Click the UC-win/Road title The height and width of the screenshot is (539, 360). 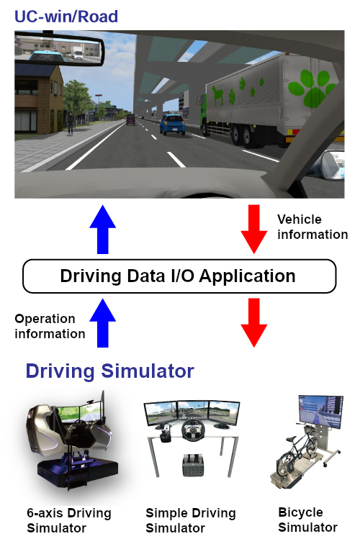(x=66, y=17)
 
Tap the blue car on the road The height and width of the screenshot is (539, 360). (x=173, y=124)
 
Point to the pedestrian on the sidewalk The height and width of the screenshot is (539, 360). (x=71, y=123)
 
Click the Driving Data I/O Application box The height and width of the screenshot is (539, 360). (x=179, y=276)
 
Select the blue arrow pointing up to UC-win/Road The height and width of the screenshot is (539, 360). (x=102, y=230)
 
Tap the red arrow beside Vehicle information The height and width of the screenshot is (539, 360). (x=253, y=230)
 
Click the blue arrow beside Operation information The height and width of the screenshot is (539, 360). (x=102, y=323)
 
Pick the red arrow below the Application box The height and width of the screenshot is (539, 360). (x=253, y=323)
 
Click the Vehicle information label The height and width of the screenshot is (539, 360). (x=312, y=227)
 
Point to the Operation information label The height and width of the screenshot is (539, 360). (x=50, y=326)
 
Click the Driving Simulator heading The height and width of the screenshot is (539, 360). (x=110, y=371)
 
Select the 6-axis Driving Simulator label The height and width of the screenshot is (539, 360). (x=69, y=520)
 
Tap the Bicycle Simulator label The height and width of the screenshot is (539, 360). (x=307, y=520)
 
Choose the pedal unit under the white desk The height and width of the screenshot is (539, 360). (x=193, y=464)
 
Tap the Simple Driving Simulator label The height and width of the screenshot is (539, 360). (x=191, y=520)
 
